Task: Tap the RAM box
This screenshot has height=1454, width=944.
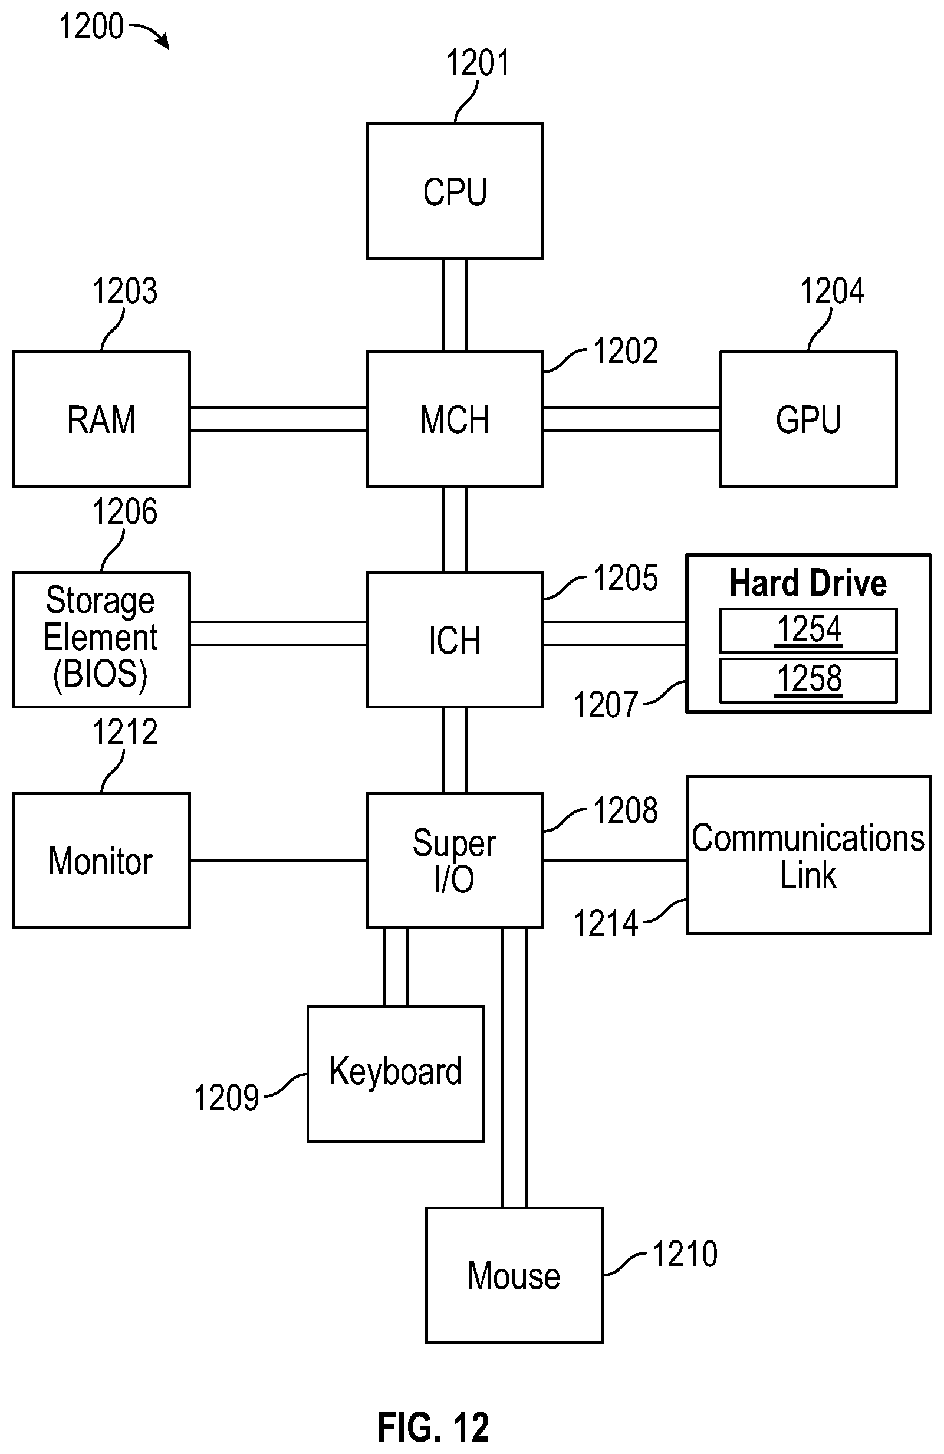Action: point(101,419)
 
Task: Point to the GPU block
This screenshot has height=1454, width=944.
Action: point(808,419)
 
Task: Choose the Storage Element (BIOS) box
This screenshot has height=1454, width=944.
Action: point(101,639)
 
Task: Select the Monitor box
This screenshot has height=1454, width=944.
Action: point(101,860)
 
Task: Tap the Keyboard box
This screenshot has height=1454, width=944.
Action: point(395,1074)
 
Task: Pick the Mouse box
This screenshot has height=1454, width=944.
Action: point(514,1276)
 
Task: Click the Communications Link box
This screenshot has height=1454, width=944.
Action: point(808,855)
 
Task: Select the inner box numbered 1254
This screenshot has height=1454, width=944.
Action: point(808,631)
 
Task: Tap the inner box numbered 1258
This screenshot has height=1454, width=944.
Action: point(808,680)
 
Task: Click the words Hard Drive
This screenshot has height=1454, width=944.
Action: point(808,583)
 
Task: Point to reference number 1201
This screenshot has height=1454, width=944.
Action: point(478,63)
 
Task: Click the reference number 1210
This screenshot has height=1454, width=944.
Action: point(685,1253)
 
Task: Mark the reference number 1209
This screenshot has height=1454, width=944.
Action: point(226,1098)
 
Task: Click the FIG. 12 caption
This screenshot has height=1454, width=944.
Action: point(433,1427)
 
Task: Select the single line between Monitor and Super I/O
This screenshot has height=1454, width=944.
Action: point(278,860)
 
